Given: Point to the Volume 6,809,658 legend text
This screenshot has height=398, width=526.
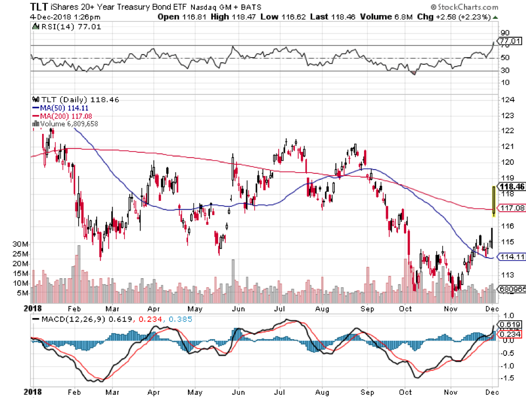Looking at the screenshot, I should coord(69,124).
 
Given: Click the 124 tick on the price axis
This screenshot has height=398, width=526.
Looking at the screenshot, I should coord(506,99).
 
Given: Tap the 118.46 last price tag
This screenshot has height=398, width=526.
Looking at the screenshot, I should coord(513,186).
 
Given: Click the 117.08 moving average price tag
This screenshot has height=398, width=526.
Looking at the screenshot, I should coord(512,208).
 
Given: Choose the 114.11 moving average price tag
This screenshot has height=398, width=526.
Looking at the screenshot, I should coord(512,257).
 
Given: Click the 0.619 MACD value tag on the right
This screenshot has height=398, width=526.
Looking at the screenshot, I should coord(510,325).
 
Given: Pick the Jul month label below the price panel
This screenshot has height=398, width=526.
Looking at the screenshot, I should coord(280,308).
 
